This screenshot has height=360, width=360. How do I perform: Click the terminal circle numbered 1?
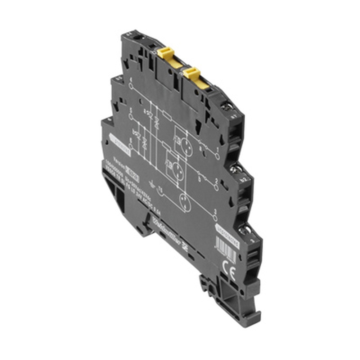point(217,156)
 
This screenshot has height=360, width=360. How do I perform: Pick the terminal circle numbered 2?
point(216,187)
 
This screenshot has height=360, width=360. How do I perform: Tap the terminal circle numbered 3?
point(215,217)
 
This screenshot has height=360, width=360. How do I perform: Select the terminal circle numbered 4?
point(131,86)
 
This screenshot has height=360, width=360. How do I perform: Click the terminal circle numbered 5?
point(131,116)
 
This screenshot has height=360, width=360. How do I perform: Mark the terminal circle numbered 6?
point(131,147)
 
